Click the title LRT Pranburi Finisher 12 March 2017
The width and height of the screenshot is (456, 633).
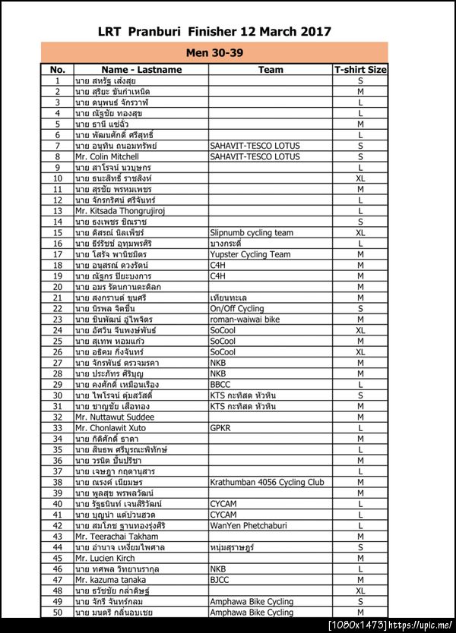[214, 31]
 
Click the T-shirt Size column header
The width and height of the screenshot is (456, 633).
[360, 69]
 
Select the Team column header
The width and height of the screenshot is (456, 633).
[271, 69]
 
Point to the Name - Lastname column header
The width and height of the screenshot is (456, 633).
[141, 69]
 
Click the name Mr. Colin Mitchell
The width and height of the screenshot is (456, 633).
[107, 156]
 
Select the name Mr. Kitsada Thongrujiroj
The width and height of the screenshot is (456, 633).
[120, 211]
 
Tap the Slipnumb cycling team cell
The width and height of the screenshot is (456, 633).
[252, 232]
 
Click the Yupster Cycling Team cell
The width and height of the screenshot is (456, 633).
[250, 254]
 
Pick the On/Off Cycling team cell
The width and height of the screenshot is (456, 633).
[237, 309]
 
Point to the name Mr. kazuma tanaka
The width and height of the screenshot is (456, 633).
[112, 579]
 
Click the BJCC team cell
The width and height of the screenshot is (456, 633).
[220, 579]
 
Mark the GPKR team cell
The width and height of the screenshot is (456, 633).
[221, 428]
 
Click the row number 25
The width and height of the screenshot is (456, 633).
[57, 342]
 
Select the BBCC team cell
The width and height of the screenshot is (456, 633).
[221, 385]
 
